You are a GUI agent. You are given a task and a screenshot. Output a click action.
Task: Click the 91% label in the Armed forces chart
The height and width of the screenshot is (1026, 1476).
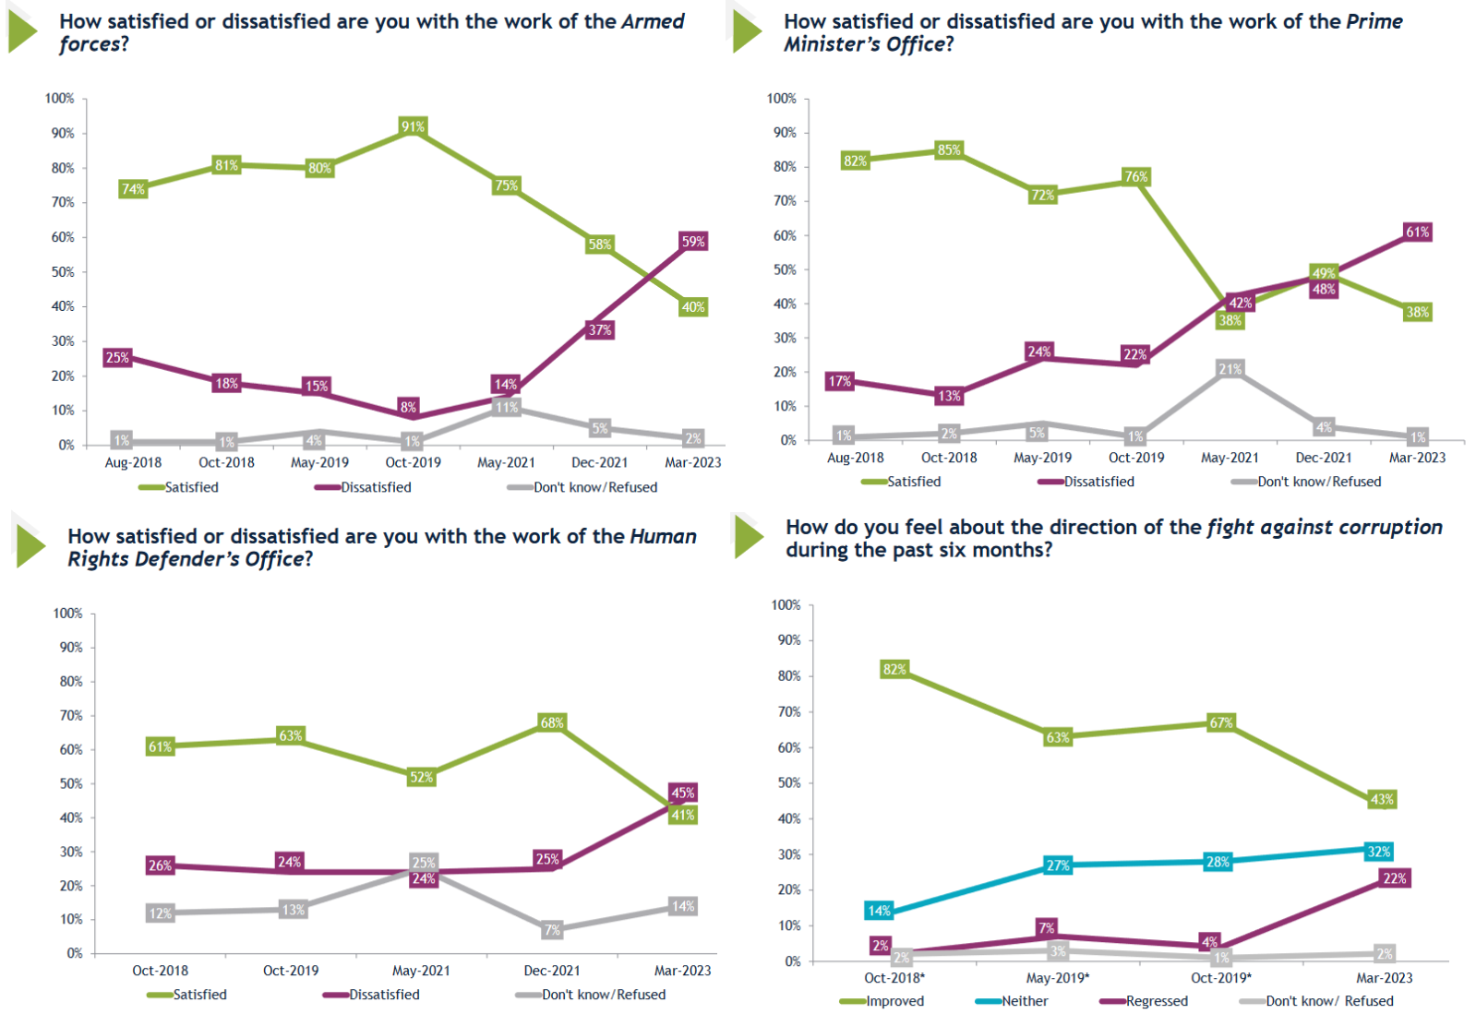(x=413, y=126)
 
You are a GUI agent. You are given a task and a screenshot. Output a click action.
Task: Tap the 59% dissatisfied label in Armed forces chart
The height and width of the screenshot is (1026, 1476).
(x=693, y=242)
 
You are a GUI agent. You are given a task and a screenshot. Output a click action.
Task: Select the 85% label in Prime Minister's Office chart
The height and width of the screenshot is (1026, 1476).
(x=949, y=149)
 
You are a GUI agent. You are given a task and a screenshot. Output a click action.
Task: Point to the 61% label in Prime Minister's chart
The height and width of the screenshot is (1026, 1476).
(x=1417, y=232)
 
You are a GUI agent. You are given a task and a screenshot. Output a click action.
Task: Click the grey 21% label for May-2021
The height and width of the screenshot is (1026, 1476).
(x=1230, y=369)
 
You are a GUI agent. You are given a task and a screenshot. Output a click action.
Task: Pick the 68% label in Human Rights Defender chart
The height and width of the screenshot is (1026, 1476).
(x=552, y=722)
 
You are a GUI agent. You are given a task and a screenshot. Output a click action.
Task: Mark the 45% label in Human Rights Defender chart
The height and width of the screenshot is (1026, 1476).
(x=683, y=793)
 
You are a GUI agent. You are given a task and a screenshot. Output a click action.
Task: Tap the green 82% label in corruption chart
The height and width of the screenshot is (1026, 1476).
(x=894, y=669)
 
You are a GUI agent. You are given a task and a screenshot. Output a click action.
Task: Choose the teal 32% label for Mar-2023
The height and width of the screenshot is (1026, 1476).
(x=1379, y=852)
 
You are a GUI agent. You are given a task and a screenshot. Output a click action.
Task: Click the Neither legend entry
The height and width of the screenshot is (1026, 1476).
(x=1024, y=1001)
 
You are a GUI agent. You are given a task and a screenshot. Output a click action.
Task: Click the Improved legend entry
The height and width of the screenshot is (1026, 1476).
(x=894, y=1001)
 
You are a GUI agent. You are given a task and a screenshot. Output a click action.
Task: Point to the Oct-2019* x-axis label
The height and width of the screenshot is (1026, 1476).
(x=1220, y=978)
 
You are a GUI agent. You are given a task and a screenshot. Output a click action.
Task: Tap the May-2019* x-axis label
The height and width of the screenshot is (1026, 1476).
(x=1057, y=978)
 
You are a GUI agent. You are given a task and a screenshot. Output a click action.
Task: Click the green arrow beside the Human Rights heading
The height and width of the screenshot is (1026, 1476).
(x=30, y=546)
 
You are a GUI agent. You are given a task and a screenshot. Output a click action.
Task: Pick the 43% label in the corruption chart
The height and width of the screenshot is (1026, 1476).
(x=1382, y=799)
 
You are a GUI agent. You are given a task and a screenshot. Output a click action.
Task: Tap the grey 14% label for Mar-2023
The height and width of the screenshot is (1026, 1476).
(x=683, y=906)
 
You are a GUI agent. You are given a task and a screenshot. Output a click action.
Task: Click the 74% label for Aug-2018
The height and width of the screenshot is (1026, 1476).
(x=133, y=189)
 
